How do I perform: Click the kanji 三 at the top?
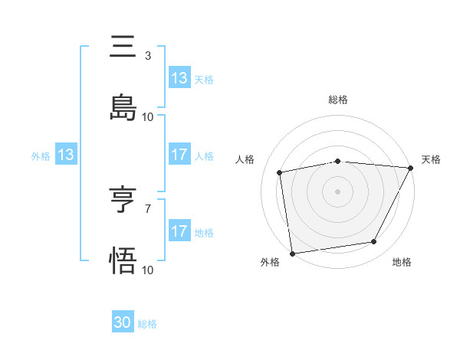[123, 47]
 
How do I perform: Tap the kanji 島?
[123, 109]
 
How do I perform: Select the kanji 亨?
[123, 201]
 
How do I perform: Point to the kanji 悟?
[123, 262]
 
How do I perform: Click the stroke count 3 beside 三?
[148, 56]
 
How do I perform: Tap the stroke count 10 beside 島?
[148, 117]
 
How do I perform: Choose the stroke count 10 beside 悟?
[148, 270]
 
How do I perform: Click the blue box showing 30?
[123, 323]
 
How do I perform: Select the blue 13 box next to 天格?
[179, 78]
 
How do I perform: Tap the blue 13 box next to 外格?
[66, 155]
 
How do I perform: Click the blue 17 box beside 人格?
[179, 155]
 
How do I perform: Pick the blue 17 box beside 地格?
[179, 231]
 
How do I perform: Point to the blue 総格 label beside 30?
[147, 324]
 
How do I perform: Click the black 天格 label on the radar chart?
[431, 159]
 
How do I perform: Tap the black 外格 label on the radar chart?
[270, 263]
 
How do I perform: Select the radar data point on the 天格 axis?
[411, 169]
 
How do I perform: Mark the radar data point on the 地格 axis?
[374, 242]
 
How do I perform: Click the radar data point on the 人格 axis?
[281, 172]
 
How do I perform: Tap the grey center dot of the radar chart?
[337, 191]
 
